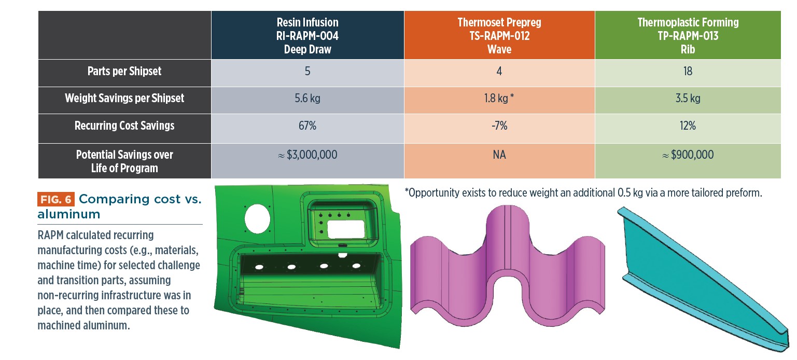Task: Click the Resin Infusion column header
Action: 307,36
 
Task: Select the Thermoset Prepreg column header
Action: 499,36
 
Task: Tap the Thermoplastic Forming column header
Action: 688,36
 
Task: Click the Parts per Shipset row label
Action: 124,72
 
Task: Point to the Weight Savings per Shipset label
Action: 124,98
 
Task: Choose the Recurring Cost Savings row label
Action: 124,126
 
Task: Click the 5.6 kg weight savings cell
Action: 307,98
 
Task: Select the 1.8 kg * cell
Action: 499,98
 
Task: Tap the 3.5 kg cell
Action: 688,98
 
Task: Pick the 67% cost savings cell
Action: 307,126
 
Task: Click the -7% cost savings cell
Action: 499,126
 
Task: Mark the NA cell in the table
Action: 499,155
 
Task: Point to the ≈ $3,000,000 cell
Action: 307,155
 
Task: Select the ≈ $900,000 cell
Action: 688,155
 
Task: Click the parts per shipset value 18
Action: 688,72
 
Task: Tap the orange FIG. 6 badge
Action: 56,199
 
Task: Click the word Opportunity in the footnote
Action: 433,193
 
